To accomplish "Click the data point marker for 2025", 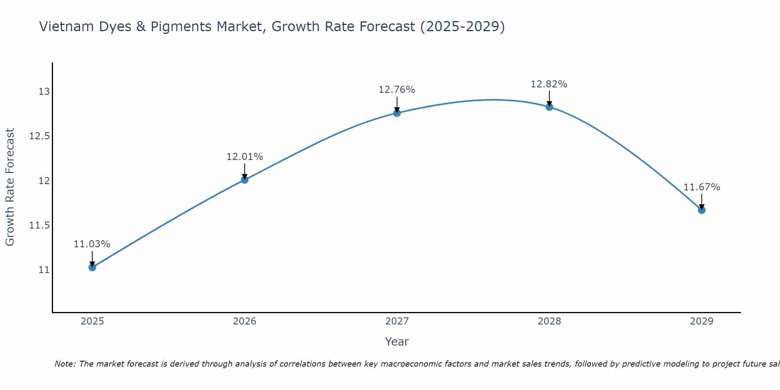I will point(92,267).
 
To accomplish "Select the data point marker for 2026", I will point(245,180).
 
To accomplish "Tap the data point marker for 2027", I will point(397,113).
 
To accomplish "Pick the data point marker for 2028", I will point(549,107).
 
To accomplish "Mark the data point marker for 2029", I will point(702,210).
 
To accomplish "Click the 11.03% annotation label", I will point(92,244).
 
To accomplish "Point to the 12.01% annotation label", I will point(245,157).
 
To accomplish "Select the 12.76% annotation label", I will point(397,90).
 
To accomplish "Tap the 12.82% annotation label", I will point(549,84).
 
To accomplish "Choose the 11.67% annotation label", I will point(702,187).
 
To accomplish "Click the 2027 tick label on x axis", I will point(397,321).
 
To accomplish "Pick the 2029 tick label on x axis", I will point(702,321).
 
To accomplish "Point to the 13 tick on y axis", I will point(44,92).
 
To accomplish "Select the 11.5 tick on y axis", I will point(39,225).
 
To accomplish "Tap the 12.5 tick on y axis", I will point(39,136).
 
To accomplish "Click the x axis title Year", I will point(397,342).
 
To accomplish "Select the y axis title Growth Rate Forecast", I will point(10,187).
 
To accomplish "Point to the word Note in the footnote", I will point(65,364).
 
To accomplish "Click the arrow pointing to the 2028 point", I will point(549,99).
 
